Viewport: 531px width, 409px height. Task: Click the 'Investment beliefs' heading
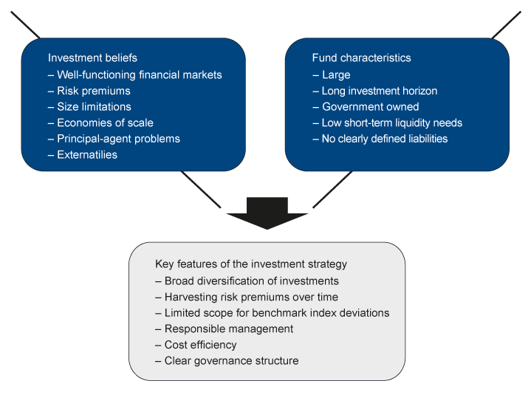(92, 58)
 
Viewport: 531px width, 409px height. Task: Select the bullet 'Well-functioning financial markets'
(139, 75)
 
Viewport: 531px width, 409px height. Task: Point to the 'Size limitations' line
(94, 107)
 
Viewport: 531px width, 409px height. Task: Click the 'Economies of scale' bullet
(105, 123)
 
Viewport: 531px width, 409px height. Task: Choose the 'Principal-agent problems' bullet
(118, 139)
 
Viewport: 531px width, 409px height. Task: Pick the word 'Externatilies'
(87, 155)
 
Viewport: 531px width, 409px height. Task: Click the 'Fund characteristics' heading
(362, 58)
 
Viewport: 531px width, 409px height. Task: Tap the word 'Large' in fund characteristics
(336, 75)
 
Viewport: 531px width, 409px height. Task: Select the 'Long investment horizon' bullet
(379, 91)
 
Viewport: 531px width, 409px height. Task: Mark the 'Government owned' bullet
(369, 107)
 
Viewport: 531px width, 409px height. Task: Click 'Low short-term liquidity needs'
(391, 123)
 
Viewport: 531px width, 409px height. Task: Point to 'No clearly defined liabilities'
(384, 139)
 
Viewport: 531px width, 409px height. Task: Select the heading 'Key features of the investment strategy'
(251, 264)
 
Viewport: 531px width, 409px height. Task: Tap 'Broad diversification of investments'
(251, 281)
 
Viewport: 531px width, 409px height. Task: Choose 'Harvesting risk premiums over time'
(251, 297)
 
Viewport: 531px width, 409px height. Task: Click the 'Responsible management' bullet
(228, 329)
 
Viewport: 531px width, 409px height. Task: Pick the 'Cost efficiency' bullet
(200, 345)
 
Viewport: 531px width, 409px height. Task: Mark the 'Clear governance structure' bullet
(231, 361)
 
